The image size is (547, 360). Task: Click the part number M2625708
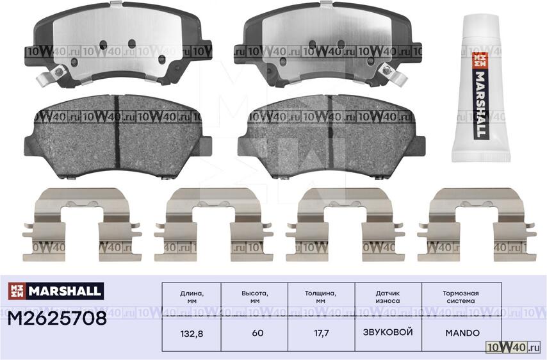click(57, 318)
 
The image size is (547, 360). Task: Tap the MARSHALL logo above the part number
click(56, 291)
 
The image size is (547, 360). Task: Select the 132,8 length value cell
click(192, 334)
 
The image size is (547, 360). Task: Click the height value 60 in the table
click(257, 333)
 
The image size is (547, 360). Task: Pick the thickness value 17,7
click(322, 334)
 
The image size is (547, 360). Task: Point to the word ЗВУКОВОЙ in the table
click(388, 332)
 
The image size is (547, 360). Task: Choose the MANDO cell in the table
click(462, 333)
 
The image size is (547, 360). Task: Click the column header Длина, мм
click(192, 297)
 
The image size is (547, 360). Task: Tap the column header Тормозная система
click(461, 297)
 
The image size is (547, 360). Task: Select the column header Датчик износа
click(388, 297)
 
